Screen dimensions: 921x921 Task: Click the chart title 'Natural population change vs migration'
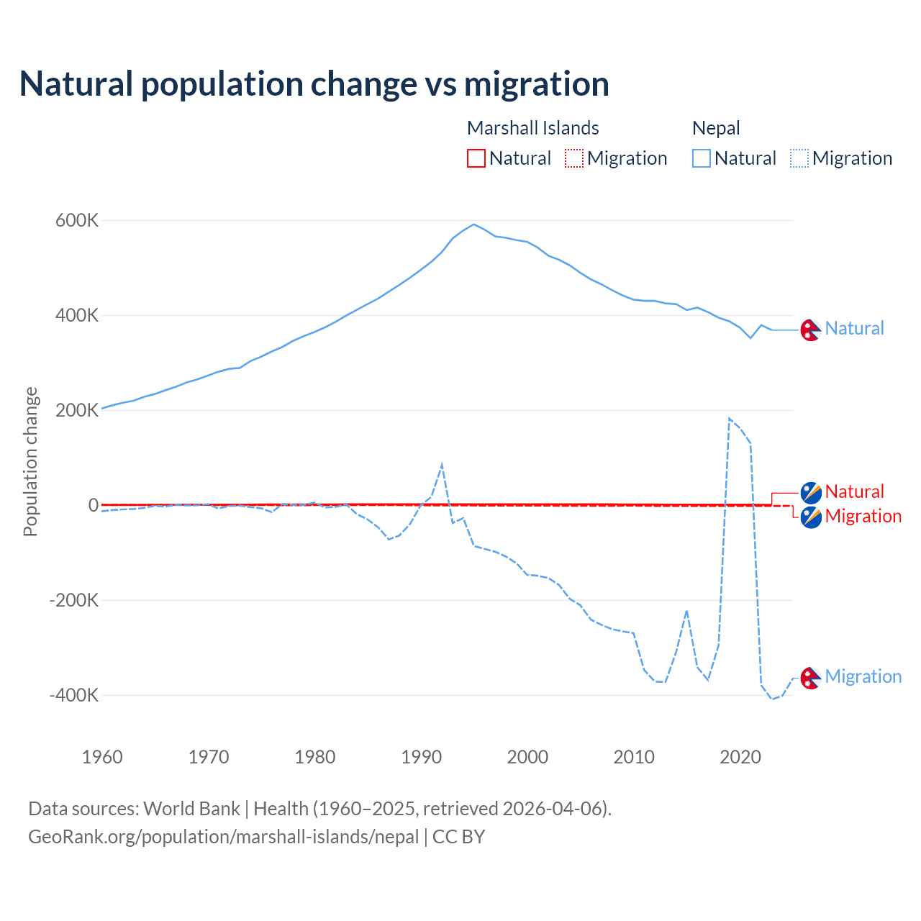pyautogui.click(x=314, y=83)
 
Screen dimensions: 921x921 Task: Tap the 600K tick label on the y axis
pyautogui.click(x=77, y=220)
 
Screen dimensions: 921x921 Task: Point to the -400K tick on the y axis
pyautogui.click(x=73, y=695)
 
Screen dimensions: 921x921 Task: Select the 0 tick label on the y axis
pyautogui.click(x=93, y=505)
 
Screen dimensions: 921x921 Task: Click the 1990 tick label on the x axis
pyautogui.click(x=421, y=757)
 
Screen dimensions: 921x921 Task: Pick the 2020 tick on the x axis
pyautogui.click(x=740, y=757)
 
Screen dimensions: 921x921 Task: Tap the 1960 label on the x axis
pyautogui.click(x=102, y=757)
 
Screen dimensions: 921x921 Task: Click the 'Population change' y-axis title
pyautogui.click(x=30, y=461)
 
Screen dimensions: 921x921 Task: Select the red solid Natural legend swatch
pyautogui.click(x=476, y=158)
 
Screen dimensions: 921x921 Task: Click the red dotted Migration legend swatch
pyautogui.click(x=574, y=158)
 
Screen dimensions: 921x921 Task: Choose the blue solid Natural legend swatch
pyautogui.click(x=702, y=158)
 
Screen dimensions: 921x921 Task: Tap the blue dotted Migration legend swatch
pyautogui.click(x=799, y=158)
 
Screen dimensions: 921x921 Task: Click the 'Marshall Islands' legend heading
pyautogui.click(x=532, y=128)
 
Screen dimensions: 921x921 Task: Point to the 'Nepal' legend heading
pyautogui.click(x=716, y=128)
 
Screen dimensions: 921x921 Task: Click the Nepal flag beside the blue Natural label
pyautogui.click(x=811, y=330)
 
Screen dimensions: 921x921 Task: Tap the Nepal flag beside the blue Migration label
pyautogui.click(x=811, y=678)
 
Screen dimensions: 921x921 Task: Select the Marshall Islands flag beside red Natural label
pyautogui.click(x=811, y=493)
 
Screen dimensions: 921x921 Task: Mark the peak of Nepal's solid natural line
pyautogui.click(x=473, y=224)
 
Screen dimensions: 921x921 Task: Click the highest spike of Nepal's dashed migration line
pyautogui.click(x=730, y=418)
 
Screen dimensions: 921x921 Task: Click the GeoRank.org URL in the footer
pyautogui.click(x=223, y=837)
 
